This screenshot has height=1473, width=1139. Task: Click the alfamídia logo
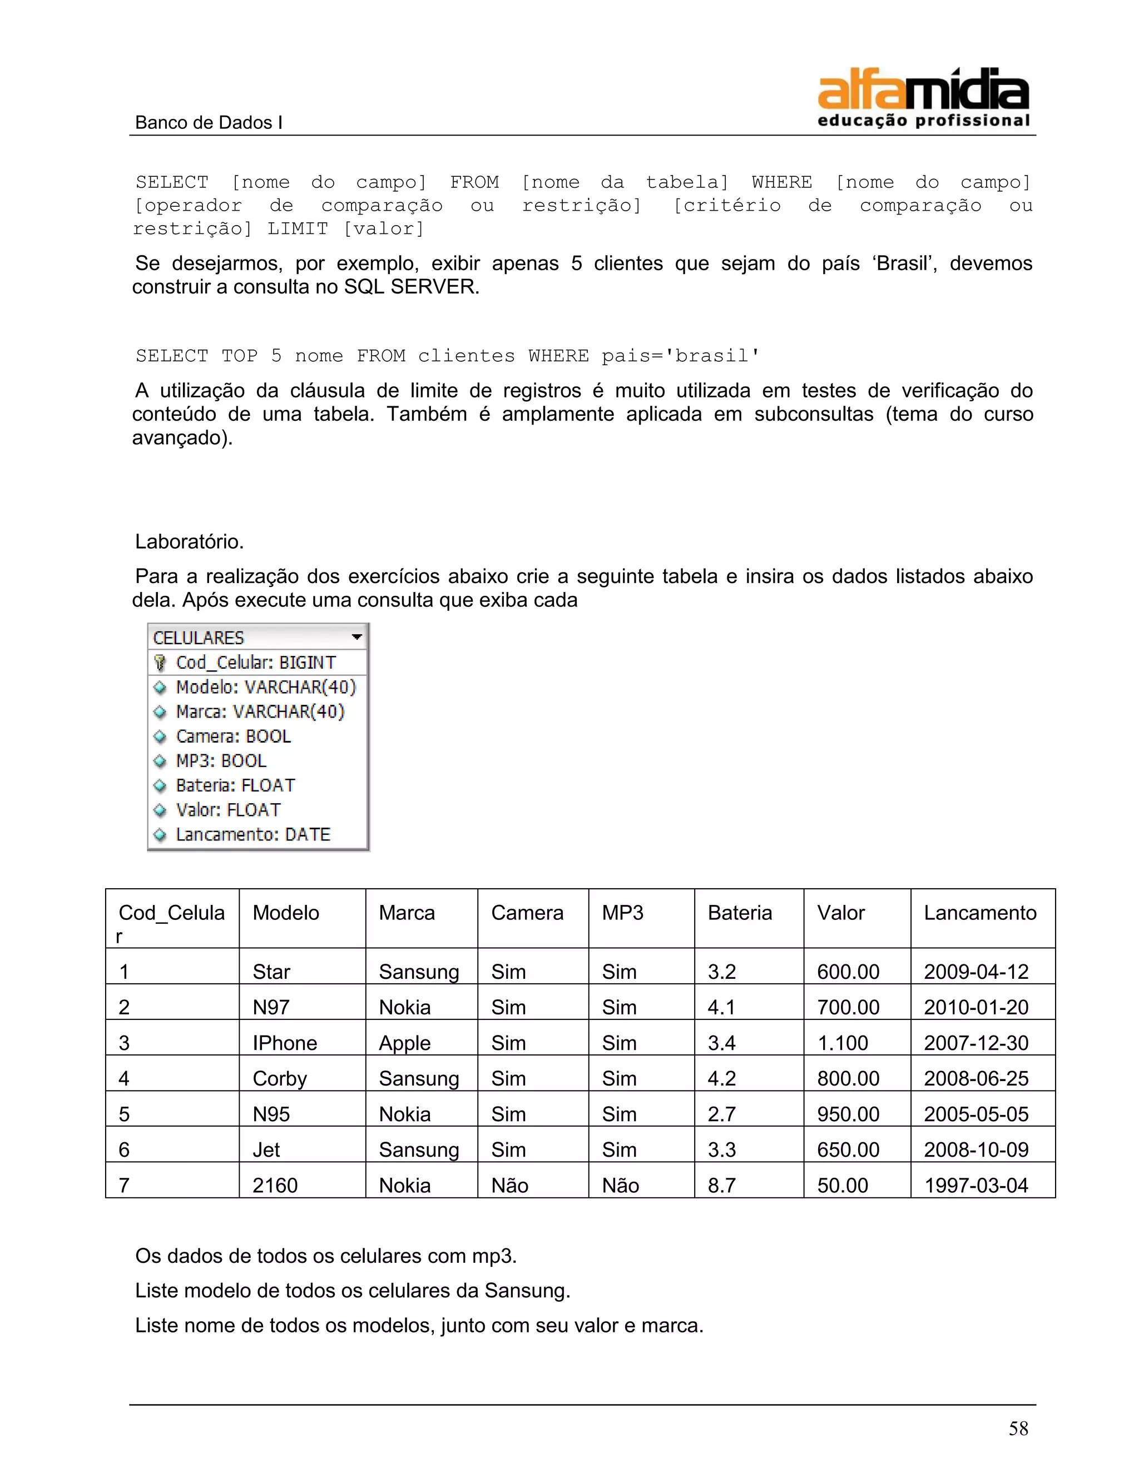click(923, 98)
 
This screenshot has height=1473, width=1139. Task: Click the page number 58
click(1018, 1428)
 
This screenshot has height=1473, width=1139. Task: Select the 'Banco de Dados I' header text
click(209, 122)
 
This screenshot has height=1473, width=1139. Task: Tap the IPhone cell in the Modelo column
click(284, 1043)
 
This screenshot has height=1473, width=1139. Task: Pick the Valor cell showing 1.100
click(842, 1043)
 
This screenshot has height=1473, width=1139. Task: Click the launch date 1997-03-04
click(975, 1185)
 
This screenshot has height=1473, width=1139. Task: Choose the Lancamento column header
click(980, 913)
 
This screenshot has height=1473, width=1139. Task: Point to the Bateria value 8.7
click(721, 1185)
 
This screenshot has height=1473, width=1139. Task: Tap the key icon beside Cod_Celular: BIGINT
click(160, 663)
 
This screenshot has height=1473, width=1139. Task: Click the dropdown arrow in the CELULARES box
click(357, 636)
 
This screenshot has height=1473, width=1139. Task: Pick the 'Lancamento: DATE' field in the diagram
click(253, 834)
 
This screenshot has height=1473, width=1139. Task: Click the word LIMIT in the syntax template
click(298, 228)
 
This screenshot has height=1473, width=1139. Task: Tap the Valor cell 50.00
click(842, 1185)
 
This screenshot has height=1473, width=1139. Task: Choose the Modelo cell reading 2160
click(275, 1185)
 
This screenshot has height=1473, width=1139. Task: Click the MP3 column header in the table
click(622, 913)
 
